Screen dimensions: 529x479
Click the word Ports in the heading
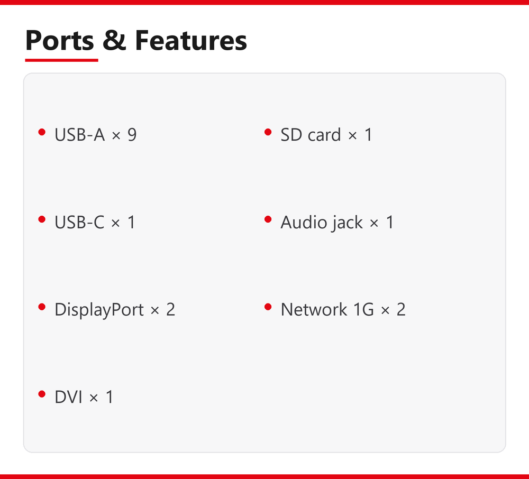[59, 41]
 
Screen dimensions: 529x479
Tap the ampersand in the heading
[114, 40]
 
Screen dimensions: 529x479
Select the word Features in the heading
[191, 40]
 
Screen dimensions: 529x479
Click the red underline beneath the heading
[61, 60]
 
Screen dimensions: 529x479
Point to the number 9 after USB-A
[132, 135]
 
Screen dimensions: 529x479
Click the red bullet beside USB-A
[42, 132]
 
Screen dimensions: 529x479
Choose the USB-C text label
[79, 222]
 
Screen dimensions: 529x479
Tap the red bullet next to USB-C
[42, 219]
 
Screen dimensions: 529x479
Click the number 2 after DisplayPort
[170, 309]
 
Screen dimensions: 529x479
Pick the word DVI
[68, 397]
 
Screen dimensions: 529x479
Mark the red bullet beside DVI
[42, 394]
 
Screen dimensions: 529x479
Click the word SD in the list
[291, 135]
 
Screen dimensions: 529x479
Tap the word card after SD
[324, 135]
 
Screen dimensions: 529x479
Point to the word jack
[347, 223]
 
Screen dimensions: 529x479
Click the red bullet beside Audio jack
[268, 219]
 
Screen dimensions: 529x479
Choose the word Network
[314, 309]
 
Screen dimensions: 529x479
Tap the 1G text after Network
[363, 309]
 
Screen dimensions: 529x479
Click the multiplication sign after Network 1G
[385, 310]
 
